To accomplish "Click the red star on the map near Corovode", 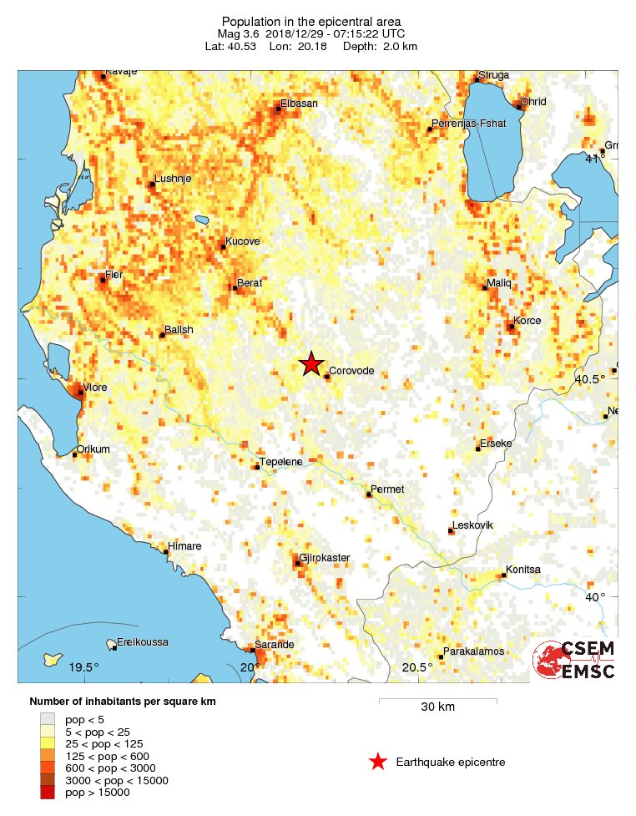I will point(311,363).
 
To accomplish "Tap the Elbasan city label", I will point(299,103).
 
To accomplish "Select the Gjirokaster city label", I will point(325,557).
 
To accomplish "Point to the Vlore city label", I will point(94,387).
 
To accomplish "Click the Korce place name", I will point(527,321).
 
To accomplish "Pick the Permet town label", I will point(386,489).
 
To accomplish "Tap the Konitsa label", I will point(522,570).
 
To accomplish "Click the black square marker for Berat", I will point(234,289).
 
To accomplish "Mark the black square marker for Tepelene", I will point(257,467).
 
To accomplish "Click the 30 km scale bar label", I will point(437,707).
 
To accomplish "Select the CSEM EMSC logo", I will point(575,660).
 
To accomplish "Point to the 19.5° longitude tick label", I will point(84,666).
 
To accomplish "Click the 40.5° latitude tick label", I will point(590,380).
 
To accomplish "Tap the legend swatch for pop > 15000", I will point(48,792).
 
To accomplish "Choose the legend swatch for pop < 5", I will point(48,718).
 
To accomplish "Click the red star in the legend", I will point(377,762).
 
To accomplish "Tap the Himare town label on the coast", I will point(184,546).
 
